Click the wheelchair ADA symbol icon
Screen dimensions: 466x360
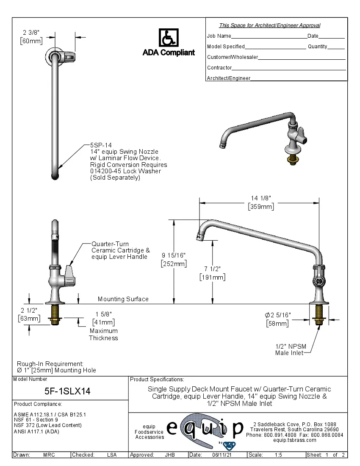(x=169, y=38)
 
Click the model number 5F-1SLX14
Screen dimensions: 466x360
(x=67, y=391)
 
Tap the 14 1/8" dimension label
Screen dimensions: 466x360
(x=260, y=198)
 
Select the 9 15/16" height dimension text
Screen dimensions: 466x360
(x=174, y=255)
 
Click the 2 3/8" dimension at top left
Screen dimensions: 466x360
(x=32, y=32)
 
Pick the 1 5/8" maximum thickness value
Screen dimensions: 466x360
(x=103, y=314)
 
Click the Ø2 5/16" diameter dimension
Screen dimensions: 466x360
(x=278, y=315)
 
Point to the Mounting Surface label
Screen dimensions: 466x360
(x=123, y=299)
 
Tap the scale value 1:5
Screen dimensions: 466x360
(x=278, y=455)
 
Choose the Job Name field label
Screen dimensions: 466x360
(x=219, y=36)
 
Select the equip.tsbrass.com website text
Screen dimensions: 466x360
(x=294, y=440)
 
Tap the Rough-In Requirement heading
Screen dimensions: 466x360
(x=50, y=363)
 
